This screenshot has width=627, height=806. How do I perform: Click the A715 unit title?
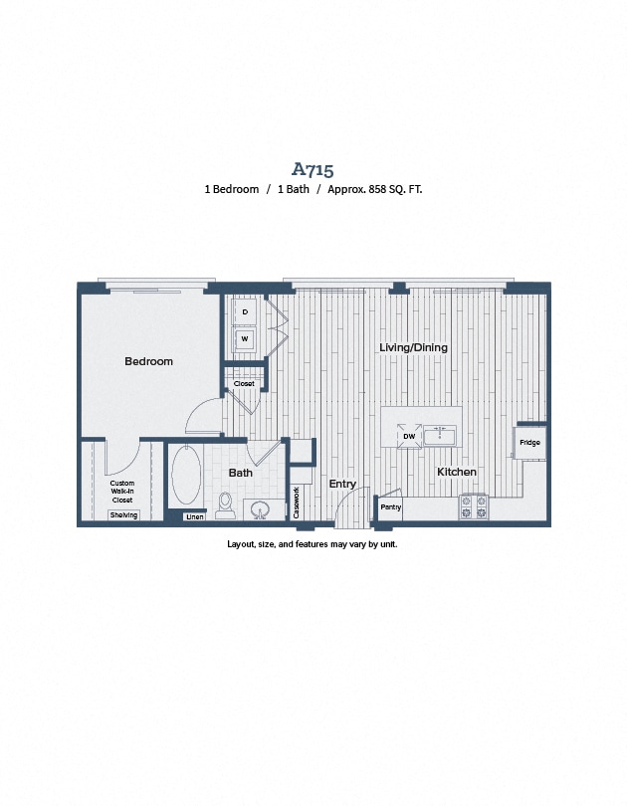[x=313, y=169]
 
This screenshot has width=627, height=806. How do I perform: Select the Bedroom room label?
[x=148, y=361]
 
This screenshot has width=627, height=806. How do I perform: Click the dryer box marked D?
[x=245, y=312]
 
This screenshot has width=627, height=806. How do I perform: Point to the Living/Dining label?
[x=413, y=347]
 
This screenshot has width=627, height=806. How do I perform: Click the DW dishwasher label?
[x=408, y=436]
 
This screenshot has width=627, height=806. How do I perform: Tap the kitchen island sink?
[x=439, y=436]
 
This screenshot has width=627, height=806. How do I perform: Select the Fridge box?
[x=529, y=443]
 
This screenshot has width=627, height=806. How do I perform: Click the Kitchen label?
[x=456, y=472]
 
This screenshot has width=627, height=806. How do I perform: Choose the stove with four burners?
[x=473, y=506]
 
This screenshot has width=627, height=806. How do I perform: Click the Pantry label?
[x=390, y=507]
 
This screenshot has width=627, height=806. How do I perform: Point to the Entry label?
[x=341, y=484]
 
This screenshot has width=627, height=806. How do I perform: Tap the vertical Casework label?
[x=297, y=502]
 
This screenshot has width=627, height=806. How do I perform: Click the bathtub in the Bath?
[x=186, y=476]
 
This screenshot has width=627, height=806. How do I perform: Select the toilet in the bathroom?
[x=226, y=504]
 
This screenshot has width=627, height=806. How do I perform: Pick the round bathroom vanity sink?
[x=261, y=510]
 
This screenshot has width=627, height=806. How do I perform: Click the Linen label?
[x=195, y=516]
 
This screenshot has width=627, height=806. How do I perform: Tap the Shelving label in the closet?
[x=124, y=514]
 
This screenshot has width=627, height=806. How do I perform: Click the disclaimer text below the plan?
[x=313, y=544]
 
